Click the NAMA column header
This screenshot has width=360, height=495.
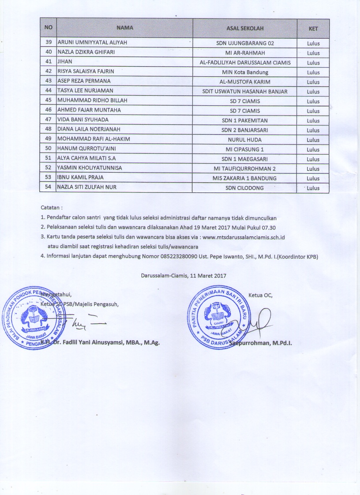(124, 28)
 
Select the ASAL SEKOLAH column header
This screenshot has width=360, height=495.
(245, 28)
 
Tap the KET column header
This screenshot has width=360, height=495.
(313, 29)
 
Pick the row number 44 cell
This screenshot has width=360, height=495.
(49, 91)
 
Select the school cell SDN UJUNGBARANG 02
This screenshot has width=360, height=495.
(245, 44)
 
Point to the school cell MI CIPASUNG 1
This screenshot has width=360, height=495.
(245, 149)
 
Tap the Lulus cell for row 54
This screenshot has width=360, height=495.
(313, 188)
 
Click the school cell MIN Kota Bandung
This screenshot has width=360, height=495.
(245, 72)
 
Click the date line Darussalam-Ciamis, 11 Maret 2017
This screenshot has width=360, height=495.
(184, 275)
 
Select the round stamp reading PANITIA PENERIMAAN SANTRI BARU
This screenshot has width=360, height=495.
(215, 319)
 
